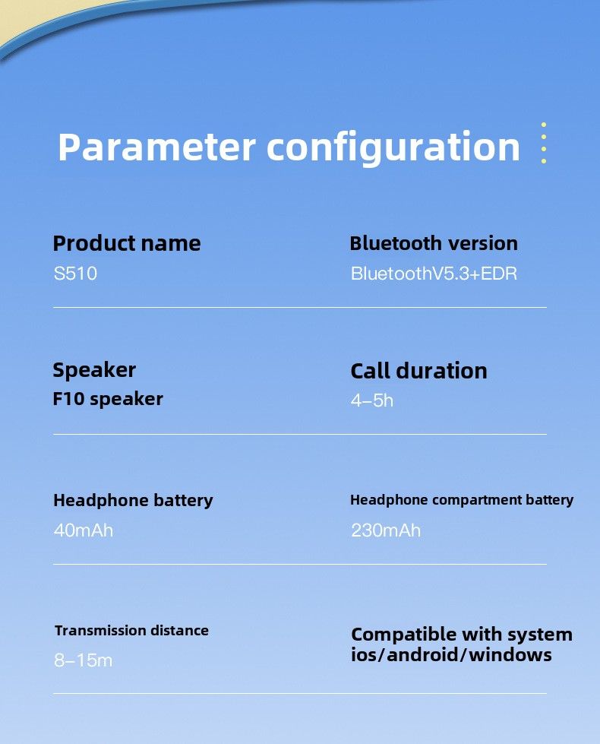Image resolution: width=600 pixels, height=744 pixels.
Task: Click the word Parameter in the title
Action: (x=156, y=147)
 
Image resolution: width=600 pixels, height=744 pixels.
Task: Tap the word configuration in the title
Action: (x=393, y=148)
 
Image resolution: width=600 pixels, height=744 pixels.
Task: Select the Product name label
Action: (x=127, y=243)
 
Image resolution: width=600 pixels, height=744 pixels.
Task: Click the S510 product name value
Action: (x=75, y=274)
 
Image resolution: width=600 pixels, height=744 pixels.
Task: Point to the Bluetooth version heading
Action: (x=434, y=243)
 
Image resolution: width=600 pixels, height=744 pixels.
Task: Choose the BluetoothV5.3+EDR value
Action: (x=434, y=274)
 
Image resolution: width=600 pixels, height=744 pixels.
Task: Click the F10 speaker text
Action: (x=108, y=399)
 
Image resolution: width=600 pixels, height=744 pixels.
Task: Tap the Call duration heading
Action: (x=418, y=371)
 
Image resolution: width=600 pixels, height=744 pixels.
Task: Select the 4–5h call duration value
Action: (x=372, y=401)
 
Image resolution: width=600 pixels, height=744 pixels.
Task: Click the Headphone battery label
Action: (x=133, y=501)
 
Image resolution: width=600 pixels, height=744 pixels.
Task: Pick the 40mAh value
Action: (x=84, y=530)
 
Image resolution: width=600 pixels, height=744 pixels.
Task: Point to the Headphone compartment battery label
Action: (x=462, y=500)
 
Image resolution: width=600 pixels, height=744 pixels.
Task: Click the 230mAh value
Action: (x=386, y=530)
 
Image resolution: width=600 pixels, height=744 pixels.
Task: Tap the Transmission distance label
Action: (x=131, y=631)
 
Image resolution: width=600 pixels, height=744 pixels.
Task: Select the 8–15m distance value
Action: (x=83, y=660)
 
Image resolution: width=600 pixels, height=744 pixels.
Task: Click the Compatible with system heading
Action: (x=462, y=635)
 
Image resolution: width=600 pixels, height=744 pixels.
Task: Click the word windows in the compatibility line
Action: (x=510, y=655)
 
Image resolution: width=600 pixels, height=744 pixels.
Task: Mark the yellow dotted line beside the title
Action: (x=544, y=143)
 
